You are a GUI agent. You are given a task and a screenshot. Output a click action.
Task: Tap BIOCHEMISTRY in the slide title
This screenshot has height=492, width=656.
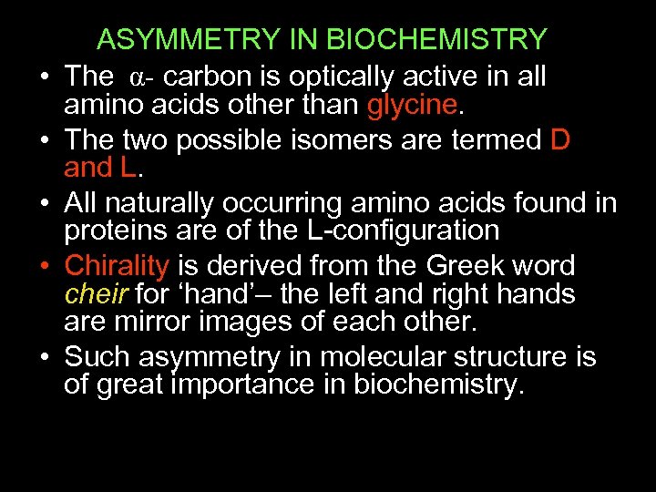pyautogui.click(x=436, y=40)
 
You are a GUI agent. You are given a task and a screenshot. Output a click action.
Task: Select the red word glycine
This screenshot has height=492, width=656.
pyautogui.click(x=410, y=106)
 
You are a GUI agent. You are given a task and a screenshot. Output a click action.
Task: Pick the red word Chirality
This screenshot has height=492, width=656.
pyautogui.click(x=117, y=266)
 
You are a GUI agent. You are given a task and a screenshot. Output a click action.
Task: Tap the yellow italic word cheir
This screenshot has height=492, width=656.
pyautogui.click(x=95, y=294)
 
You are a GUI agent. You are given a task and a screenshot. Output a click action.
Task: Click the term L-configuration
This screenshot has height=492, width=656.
pyautogui.click(x=402, y=231)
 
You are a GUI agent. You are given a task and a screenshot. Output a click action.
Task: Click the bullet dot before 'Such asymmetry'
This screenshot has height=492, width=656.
pyautogui.click(x=43, y=355)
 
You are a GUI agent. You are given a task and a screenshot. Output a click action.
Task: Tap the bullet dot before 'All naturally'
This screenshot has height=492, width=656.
pyautogui.click(x=43, y=203)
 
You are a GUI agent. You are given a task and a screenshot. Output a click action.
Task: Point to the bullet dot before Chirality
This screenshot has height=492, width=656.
pyautogui.click(x=43, y=266)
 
